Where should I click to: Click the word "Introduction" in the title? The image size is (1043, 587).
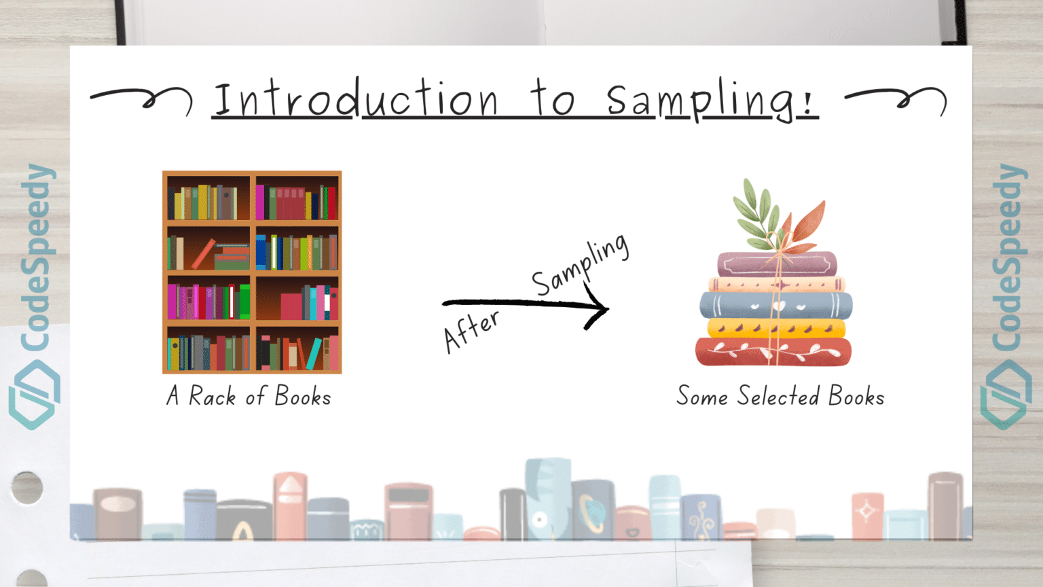(x=356, y=101)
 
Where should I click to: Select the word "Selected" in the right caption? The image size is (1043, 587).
(x=778, y=396)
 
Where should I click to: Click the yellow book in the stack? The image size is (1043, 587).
(x=776, y=328)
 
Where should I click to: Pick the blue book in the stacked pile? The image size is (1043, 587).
(x=775, y=305)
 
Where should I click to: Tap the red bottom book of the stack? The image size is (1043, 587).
(x=773, y=352)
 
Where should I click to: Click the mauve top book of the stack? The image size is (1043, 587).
(x=777, y=264)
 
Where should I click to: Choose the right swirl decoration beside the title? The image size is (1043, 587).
(x=896, y=99)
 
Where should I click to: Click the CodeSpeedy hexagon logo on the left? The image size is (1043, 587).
(x=35, y=394)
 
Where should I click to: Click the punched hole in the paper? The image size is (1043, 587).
(x=27, y=487)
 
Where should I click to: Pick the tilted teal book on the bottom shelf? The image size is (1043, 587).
(x=314, y=354)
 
